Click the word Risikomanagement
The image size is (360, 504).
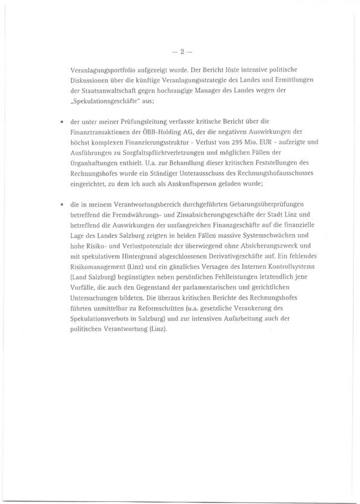(98, 272)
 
